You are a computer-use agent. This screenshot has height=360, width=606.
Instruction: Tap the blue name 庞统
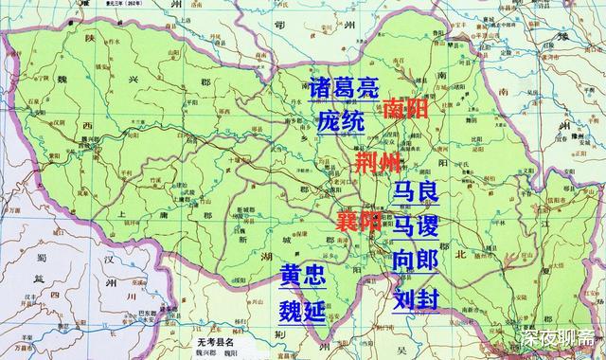(x=340, y=122)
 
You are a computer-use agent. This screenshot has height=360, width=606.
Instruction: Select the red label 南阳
(x=406, y=108)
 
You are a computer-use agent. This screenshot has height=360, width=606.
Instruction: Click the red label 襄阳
(x=358, y=223)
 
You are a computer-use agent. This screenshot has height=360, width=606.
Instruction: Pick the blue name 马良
(x=416, y=193)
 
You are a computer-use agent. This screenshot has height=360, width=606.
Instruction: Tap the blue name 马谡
(x=416, y=225)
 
